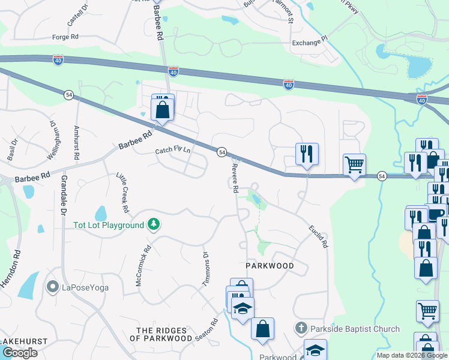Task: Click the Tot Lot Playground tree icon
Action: point(154,224)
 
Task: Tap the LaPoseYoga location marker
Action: point(53,287)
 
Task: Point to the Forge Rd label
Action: point(65,37)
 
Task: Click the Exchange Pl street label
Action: point(310,43)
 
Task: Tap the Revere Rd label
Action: point(235,177)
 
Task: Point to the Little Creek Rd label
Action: point(122,192)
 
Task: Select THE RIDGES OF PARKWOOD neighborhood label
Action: point(164,334)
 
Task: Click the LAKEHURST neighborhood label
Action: point(23,341)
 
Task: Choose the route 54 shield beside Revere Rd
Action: point(221,152)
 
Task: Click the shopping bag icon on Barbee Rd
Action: point(163,110)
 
